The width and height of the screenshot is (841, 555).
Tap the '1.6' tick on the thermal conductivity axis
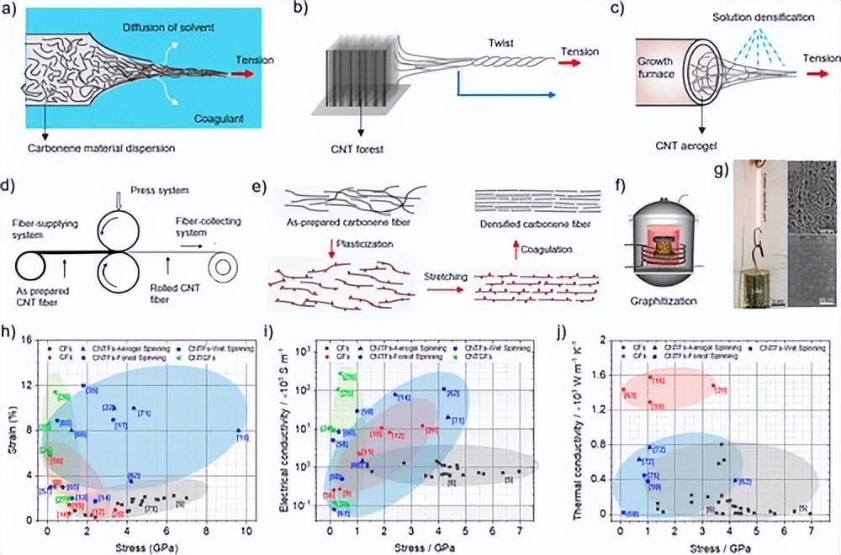[x=601, y=374]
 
